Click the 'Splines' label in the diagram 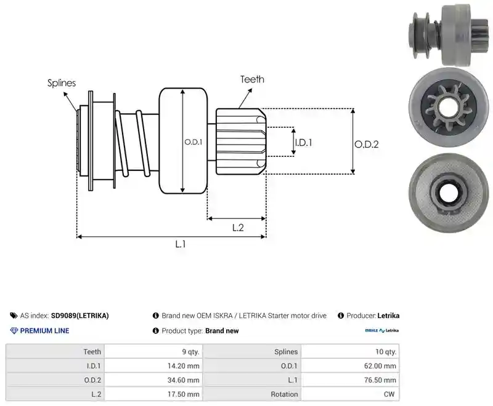[62, 83]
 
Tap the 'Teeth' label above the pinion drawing [252, 79]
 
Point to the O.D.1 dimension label [194, 142]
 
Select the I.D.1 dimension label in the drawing [303, 143]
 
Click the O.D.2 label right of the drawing [367, 145]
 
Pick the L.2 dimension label [238, 228]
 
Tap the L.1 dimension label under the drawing [181, 244]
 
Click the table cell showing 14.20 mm [153, 366]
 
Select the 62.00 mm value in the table [350, 366]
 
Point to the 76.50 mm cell [350, 380]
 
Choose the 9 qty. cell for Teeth [153, 352]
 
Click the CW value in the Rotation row [350, 394]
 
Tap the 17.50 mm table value [153, 394]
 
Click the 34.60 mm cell [153, 380]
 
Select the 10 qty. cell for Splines [350, 352]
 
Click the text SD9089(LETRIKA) [80, 316]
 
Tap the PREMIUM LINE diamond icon [14, 331]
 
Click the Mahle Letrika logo [381, 330]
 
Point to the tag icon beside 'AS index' [14, 316]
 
